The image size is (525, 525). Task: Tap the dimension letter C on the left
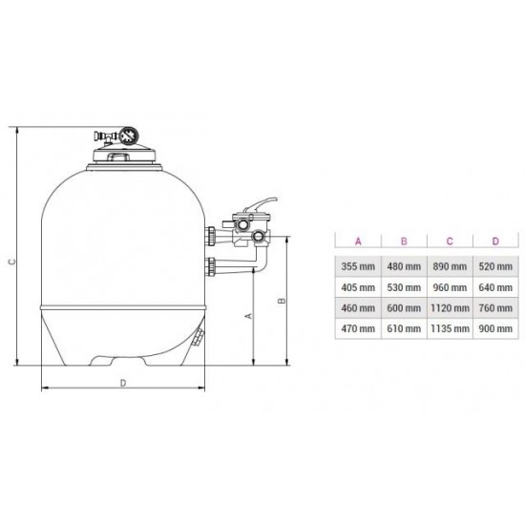tap(10, 257)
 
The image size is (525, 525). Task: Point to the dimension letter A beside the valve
tap(248, 313)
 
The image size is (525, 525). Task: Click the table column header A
tap(357, 241)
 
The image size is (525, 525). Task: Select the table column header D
tap(495, 241)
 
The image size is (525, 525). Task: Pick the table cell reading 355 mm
tap(357, 265)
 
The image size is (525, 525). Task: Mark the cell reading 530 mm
tap(403, 286)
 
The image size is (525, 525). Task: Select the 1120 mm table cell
tap(449, 307)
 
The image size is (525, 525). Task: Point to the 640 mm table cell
tap(495, 286)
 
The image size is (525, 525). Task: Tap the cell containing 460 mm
tap(357, 307)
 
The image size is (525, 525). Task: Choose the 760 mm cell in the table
tap(495, 307)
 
